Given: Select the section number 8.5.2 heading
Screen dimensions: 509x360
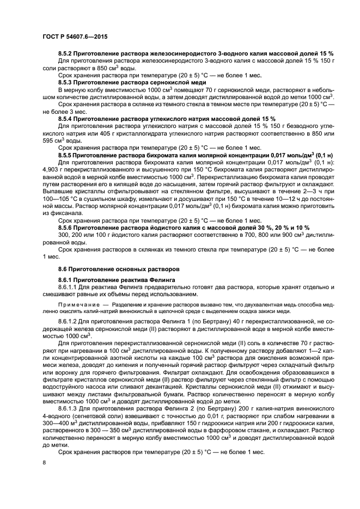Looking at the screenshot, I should [x=65, y=53].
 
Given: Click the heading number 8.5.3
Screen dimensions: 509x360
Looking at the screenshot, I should [x=65, y=81].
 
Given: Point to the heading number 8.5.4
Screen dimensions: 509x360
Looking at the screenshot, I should [x=65, y=118].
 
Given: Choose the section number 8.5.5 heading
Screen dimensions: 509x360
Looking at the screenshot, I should [x=65, y=155].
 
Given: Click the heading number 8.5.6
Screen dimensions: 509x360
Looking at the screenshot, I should [x=65, y=227].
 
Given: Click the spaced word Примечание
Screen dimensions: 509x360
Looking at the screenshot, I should [x=78, y=305].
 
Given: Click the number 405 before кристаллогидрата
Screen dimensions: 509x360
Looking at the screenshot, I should [x=82, y=133].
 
